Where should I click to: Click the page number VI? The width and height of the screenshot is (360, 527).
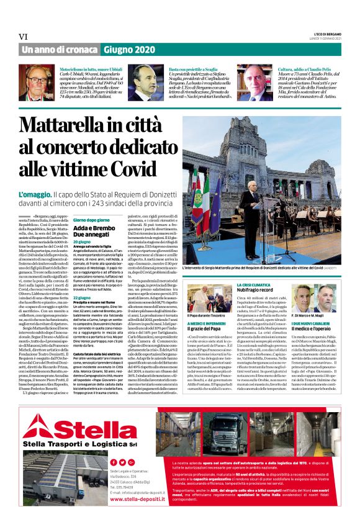click(x=25, y=37)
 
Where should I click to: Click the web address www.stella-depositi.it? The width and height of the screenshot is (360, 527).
click(x=132, y=498)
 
